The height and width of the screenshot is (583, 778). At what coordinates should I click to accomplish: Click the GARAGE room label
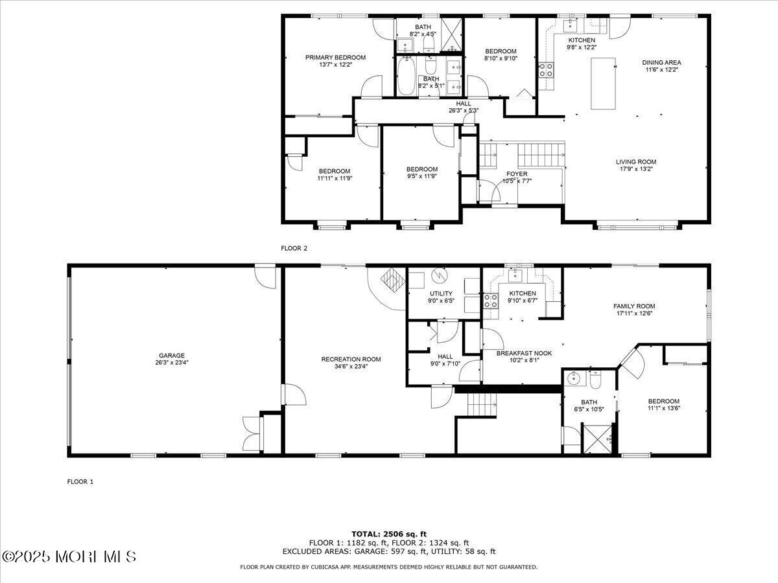coord(172,356)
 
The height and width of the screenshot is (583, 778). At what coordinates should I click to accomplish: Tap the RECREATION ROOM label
coord(351,360)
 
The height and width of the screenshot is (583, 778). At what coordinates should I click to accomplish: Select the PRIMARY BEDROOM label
coord(335,58)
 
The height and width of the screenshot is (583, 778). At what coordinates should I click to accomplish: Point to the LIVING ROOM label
coord(636,162)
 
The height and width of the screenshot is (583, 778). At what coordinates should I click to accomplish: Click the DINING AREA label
coord(661,63)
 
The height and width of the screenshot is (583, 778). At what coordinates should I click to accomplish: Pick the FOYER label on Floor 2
coord(517,174)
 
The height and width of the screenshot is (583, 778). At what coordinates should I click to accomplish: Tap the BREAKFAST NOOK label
coord(524,353)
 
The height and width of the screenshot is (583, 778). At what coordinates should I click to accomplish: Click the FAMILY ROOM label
coord(634,306)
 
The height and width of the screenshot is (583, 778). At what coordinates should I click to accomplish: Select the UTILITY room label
coord(441,293)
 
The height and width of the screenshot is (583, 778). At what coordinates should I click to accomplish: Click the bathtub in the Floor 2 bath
coord(406,76)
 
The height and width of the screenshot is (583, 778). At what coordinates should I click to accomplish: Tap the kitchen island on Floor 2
coord(603,84)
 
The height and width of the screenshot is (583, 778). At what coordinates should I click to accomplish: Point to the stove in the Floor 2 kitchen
coord(546,70)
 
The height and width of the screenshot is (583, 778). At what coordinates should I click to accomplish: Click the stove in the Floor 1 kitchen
coord(491,301)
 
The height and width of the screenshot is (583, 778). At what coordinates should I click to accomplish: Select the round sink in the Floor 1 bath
coord(572,379)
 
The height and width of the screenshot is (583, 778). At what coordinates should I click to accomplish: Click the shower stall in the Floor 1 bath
coord(598,438)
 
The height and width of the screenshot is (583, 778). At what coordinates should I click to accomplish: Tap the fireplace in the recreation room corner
coord(393,280)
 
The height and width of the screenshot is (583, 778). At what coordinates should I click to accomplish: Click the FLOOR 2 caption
coord(294,249)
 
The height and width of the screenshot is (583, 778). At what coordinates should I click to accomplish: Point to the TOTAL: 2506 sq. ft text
coord(389,534)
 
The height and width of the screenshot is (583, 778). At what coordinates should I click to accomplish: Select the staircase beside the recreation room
coord(482,405)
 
